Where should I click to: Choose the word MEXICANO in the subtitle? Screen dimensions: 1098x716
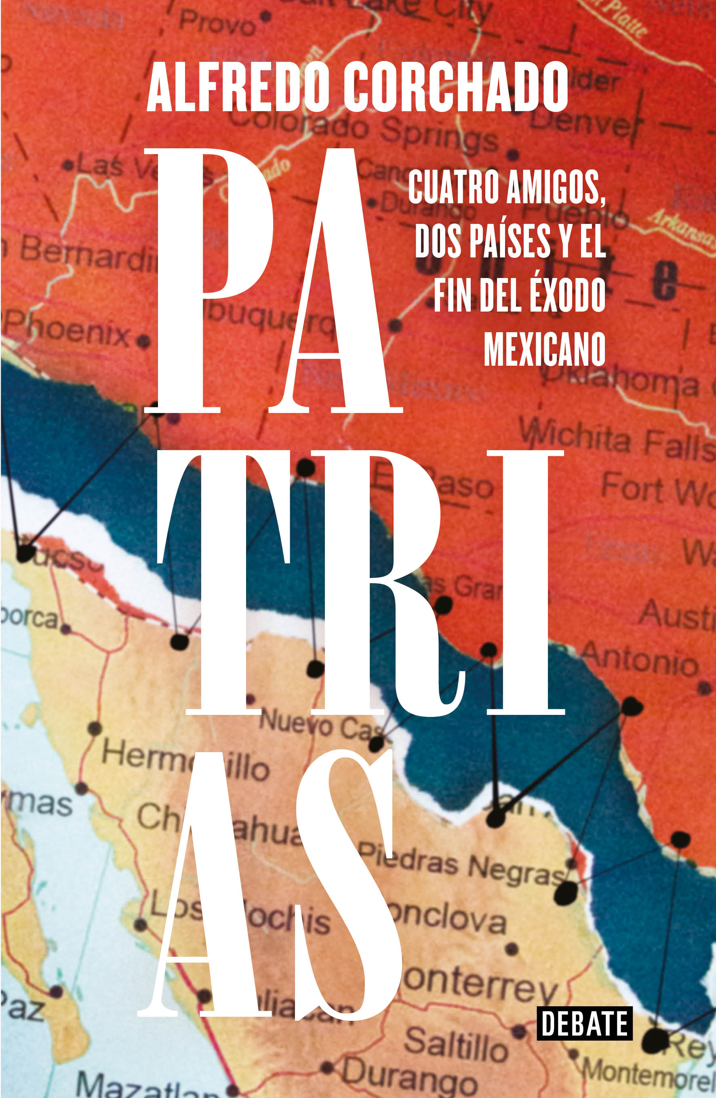click(544, 349)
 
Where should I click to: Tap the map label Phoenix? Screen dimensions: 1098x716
click(67, 329)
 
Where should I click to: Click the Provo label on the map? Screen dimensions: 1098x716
click(217, 23)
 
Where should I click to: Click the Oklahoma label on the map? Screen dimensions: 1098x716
click(623, 381)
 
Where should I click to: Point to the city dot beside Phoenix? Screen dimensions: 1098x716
click(143, 342)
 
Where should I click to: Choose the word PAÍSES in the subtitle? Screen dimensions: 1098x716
click(510, 241)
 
